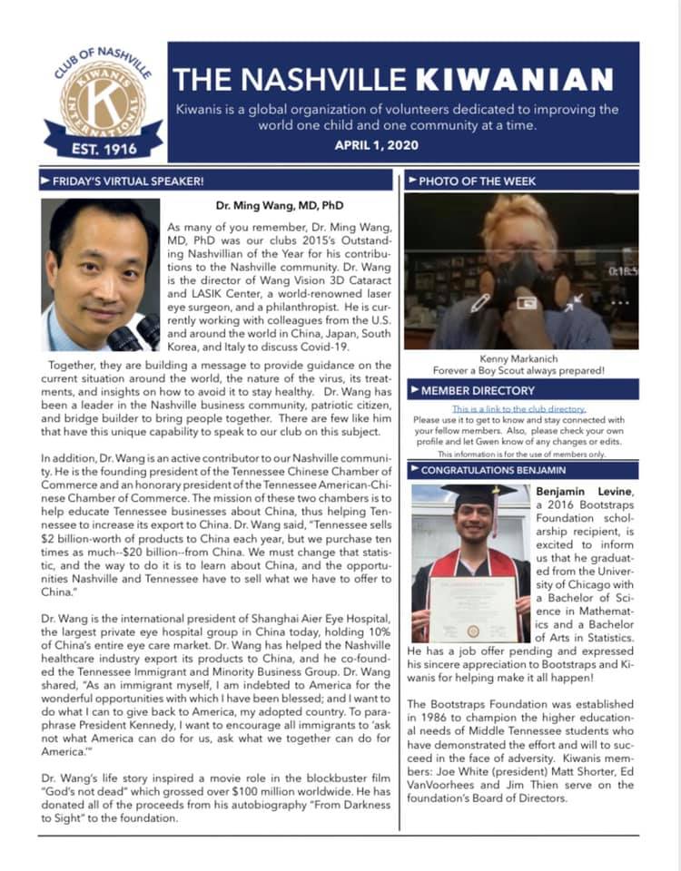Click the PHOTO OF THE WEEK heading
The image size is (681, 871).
click(x=476, y=181)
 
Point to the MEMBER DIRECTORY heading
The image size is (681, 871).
click(x=478, y=391)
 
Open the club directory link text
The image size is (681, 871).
click(x=525, y=409)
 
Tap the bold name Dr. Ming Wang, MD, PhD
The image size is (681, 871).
click(x=281, y=205)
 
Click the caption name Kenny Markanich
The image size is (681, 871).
click(x=521, y=359)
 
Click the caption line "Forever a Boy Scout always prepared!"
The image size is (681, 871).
click(x=521, y=371)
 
